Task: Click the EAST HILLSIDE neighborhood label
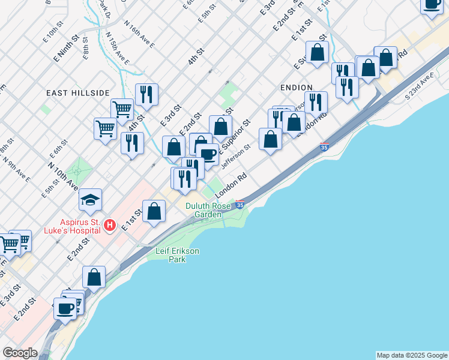[x=78, y=93]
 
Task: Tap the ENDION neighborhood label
[x=296, y=88]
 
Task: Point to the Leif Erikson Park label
[x=178, y=255]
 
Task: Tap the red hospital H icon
[x=109, y=226]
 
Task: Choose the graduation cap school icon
[x=90, y=200]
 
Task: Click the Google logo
[x=20, y=353]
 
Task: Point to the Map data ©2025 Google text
[x=411, y=355]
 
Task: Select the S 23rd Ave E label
[x=419, y=87]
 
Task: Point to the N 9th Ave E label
[x=16, y=168]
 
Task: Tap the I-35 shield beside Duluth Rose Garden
[x=240, y=205]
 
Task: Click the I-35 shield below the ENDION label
[x=324, y=147]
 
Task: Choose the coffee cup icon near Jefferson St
[x=208, y=154]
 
